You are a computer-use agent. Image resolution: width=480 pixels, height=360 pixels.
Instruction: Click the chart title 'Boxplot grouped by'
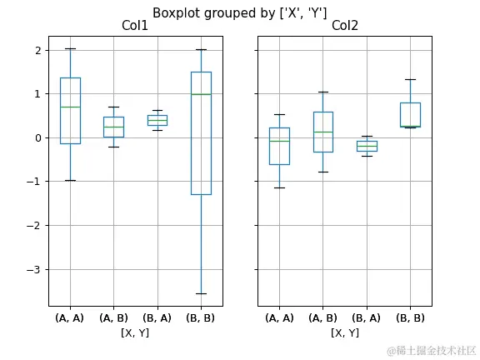point(239,12)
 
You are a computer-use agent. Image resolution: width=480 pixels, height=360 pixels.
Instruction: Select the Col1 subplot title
point(134,26)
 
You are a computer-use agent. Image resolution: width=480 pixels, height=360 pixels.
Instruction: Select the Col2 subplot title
point(344,26)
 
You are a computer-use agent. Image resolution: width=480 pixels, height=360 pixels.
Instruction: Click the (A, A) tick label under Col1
point(70,317)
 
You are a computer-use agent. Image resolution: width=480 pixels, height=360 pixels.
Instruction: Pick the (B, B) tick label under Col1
point(200,317)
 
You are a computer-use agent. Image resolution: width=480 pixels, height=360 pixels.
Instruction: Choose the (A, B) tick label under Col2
point(323,317)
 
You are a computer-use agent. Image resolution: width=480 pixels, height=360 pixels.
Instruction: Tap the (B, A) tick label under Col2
point(367,317)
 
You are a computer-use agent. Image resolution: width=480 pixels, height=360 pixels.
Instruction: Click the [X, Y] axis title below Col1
point(134,332)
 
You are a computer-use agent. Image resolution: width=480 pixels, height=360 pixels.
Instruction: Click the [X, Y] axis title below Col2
point(344,332)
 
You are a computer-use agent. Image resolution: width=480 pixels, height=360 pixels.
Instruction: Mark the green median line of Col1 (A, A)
point(70,107)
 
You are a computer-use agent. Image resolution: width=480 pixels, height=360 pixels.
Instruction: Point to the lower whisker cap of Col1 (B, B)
point(200,293)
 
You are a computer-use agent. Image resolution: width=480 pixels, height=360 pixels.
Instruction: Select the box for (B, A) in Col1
point(157,119)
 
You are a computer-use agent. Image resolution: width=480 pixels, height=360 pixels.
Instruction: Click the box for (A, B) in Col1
point(113,127)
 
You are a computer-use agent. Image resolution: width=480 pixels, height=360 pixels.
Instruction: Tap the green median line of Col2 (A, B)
point(323,132)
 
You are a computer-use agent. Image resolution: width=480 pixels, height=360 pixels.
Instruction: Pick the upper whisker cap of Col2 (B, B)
point(410,80)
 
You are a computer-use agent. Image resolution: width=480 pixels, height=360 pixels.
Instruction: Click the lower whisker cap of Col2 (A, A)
point(280,187)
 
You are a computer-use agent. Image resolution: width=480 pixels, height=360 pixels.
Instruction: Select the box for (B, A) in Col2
point(367,146)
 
